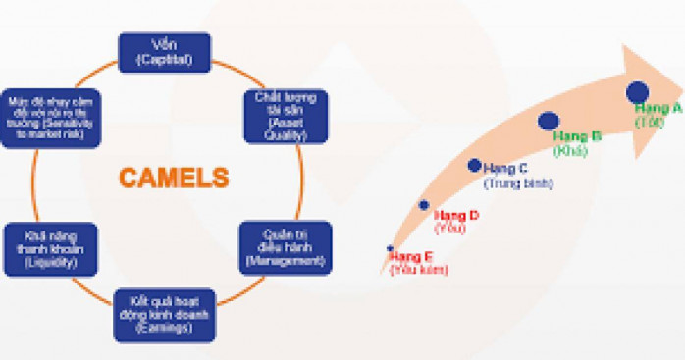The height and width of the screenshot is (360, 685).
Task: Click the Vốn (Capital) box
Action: pos(165,53)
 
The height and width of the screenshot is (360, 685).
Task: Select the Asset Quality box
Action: pos(287,115)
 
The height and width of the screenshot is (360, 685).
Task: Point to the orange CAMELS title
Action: pos(174,179)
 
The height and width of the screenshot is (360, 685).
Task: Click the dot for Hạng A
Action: pos(639,91)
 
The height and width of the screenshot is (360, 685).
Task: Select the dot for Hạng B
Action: pos(549,121)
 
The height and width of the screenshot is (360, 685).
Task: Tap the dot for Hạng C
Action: pos(475,165)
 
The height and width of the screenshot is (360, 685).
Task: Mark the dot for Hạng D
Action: pos(424,205)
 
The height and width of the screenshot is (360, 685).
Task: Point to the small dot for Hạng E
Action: pos(391,247)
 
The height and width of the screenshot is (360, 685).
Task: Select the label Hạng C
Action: pos(506,169)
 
